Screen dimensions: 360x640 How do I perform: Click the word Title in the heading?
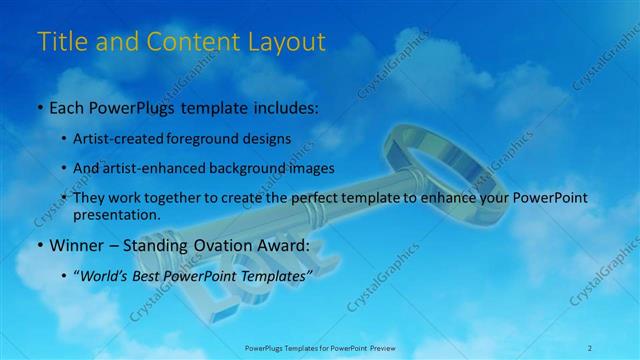pyautogui.click(x=59, y=42)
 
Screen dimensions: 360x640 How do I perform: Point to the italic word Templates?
pyautogui.click(x=278, y=274)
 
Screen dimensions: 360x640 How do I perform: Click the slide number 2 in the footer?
pyautogui.click(x=589, y=347)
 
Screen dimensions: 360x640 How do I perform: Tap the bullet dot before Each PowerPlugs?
pyautogui.click(x=39, y=106)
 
